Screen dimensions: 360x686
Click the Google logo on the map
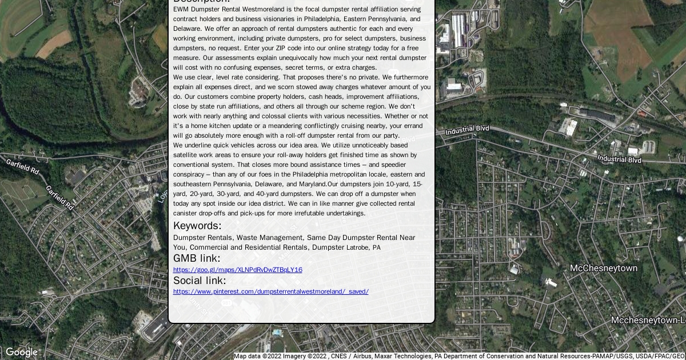tap(21, 352)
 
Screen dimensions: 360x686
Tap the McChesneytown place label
tap(603, 269)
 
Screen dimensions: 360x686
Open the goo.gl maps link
tap(237, 270)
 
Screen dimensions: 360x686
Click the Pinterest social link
tap(270, 291)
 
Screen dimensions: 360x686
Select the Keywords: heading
tap(197, 226)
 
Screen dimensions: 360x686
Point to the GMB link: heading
tap(196, 258)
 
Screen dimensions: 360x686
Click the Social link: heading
tap(200, 281)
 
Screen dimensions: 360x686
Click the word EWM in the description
tap(181, 9)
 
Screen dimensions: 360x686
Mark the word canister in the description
tap(186, 213)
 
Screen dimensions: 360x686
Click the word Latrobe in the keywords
tap(358, 247)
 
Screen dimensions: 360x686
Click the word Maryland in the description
tap(312, 184)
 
